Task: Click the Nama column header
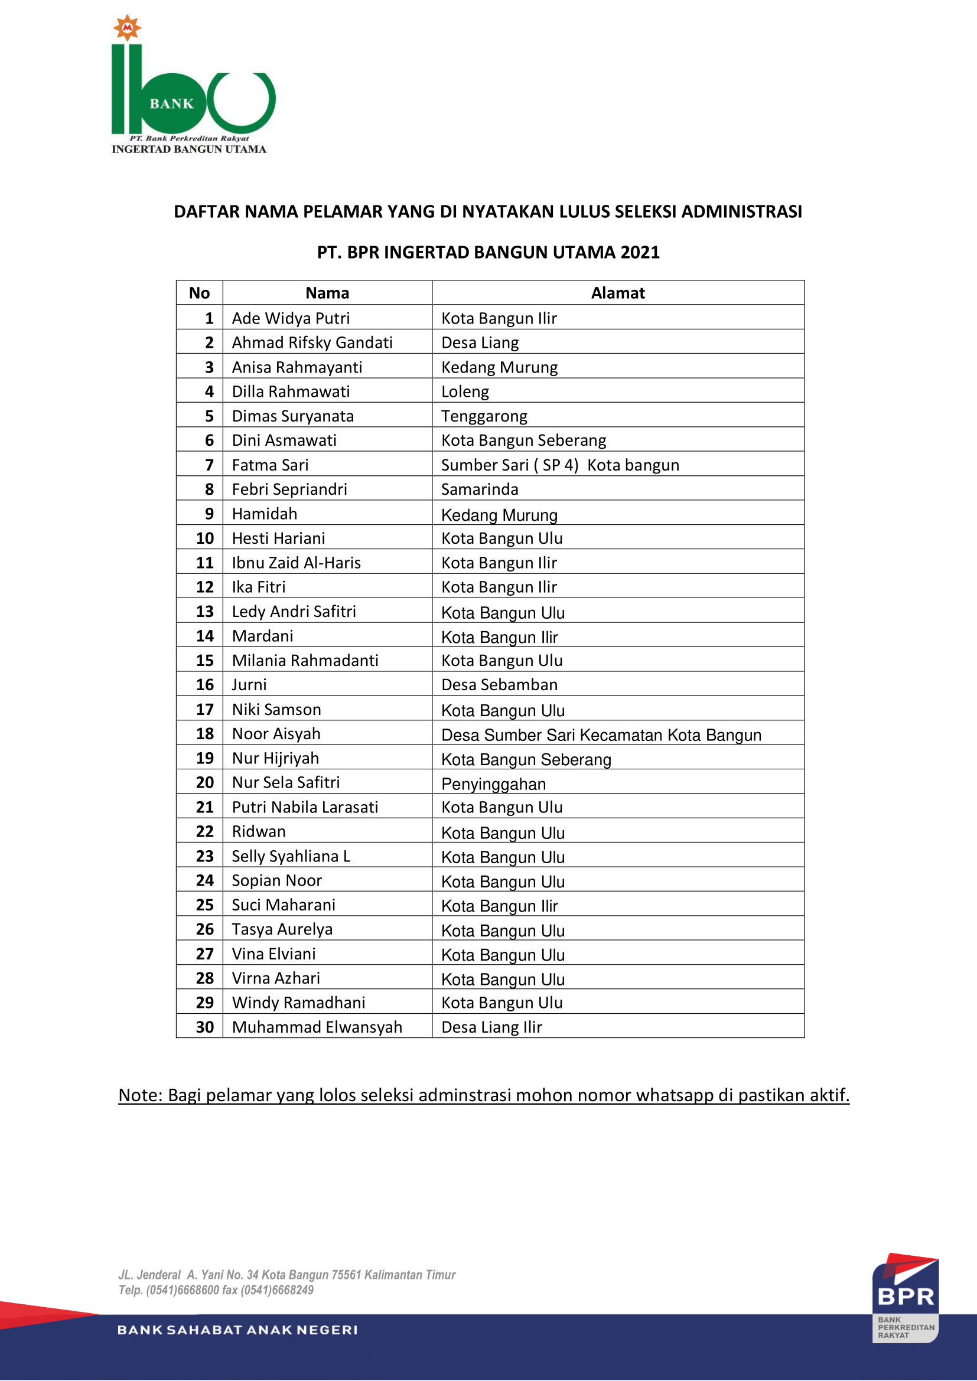[x=327, y=293]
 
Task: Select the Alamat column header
[x=617, y=293]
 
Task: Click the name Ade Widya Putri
[x=291, y=318]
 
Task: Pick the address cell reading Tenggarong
[x=484, y=416]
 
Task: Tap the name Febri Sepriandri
[x=289, y=489]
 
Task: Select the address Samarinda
[x=480, y=489]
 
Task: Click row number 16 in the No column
[x=204, y=684]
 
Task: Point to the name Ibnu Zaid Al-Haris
[x=296, y=563]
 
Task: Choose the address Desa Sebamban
[x=499, y=684]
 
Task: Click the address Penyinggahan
[x=493, y=783]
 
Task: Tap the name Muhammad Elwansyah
[x=317, y=1027]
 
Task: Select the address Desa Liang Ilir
[x=491, y=1027]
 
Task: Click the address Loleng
[x=465, y=391]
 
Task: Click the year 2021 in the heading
[x=640, y=252]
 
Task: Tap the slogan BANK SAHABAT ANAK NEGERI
[x=237, y=1330]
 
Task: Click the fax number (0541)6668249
[x=276, y=1289]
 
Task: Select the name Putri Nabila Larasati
[x=305, y=807]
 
